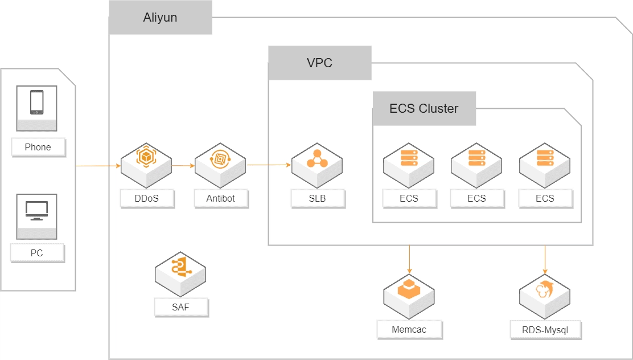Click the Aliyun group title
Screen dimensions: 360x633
[160, 18]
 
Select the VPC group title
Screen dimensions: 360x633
[319, 63]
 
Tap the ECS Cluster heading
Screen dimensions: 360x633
[424, 108]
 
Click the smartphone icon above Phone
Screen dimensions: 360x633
[36, 103]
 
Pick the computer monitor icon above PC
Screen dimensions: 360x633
[36, 211]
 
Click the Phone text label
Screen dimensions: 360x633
[38, 147]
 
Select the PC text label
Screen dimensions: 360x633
[37, 253]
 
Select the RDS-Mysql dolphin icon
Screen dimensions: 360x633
[545, 291]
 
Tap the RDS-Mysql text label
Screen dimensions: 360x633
[545, 329]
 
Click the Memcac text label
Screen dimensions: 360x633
[409, 329]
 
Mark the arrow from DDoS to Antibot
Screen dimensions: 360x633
[183, 166]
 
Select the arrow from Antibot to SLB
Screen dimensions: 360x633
[269, 166]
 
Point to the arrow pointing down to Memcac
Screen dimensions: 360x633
[409, 259]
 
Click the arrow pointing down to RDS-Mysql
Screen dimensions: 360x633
[545, 259]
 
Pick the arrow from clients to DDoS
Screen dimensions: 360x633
[98, 166]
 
